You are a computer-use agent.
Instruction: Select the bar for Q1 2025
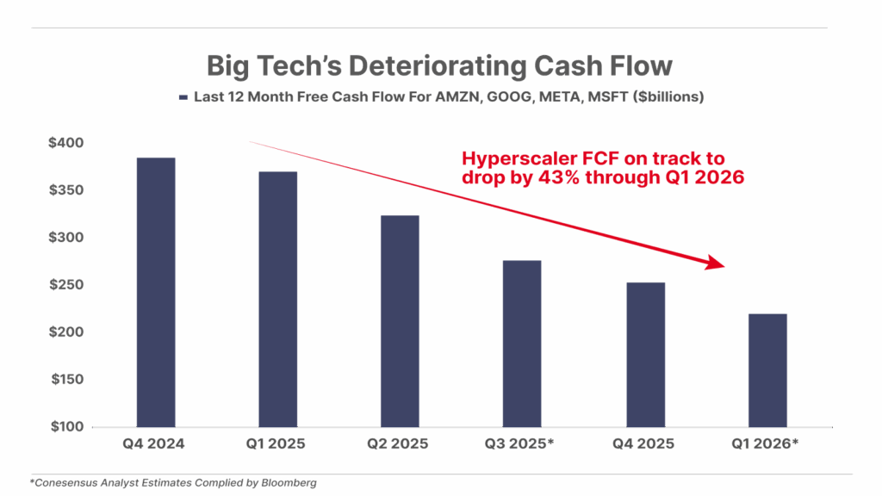click(x=278, y=299)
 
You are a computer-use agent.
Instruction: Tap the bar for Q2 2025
click(x=401, y=320)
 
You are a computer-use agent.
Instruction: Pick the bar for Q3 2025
click(x=523, y=343)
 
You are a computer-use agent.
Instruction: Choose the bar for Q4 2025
click(x=645, y=354)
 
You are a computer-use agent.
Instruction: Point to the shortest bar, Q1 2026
click(x=767, y=369)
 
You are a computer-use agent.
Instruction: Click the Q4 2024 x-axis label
click(x=156, y=444)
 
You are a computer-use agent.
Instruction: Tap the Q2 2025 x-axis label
click(x=401, y=444)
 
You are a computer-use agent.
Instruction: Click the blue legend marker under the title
click(x=183, y=98)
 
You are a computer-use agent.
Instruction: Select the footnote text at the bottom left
click(x=173, y=483)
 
